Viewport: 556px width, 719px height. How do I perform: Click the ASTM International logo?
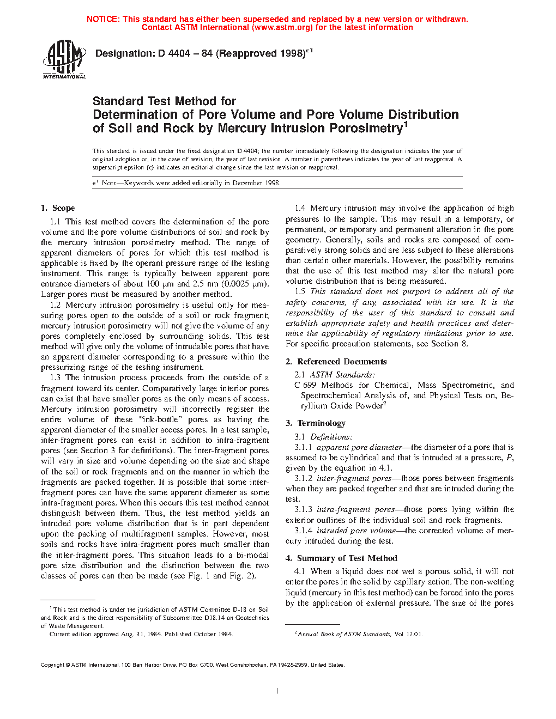point(64,59)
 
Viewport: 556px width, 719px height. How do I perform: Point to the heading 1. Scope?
point(58,208)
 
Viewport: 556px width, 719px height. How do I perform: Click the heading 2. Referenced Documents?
point(336,362)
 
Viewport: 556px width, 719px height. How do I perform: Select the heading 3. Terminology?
point(316,423)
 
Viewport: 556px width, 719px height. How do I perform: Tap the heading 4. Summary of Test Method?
point(341,558)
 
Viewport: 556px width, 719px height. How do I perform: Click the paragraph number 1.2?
point(55,305)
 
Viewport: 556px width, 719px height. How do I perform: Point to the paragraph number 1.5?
point(300,291)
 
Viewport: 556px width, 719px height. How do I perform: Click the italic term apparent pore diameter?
point(359,447)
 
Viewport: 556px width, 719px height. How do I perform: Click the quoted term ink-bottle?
point(160,419)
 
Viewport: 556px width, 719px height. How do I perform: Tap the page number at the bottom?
point(277,691)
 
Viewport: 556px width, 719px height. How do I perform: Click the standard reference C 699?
point(305,385)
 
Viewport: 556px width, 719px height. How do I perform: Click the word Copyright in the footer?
point(52,665)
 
